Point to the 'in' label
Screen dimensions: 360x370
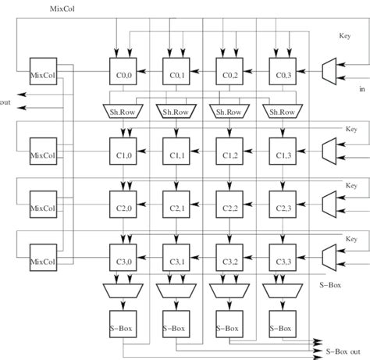coord(361,90)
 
